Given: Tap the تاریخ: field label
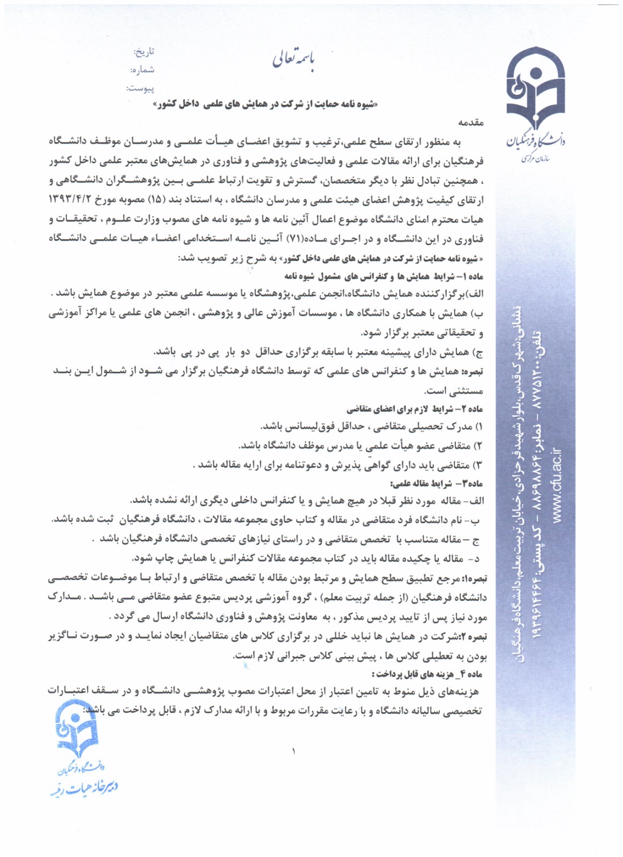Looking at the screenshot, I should [x=144, y=52].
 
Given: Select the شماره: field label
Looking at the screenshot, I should [x=142, y=70].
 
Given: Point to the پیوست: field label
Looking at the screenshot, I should [x=140, y=87].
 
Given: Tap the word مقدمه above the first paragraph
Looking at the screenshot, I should [x=472, y=123].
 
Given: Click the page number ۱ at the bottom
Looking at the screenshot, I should [x=294, y=751].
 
